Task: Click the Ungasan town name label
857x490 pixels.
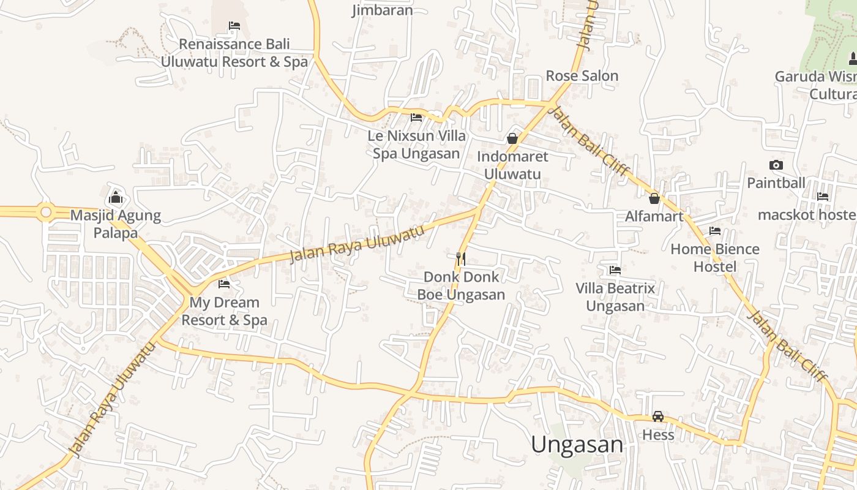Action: [577, 444]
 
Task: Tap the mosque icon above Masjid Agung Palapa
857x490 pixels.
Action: [116, 197]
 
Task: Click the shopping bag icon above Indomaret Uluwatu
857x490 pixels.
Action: [512, 138]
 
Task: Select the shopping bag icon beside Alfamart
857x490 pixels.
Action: [654, 198]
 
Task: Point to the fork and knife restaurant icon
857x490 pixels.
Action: [461, 259]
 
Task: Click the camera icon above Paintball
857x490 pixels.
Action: [776, 165]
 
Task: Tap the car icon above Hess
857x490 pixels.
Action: [658, 417]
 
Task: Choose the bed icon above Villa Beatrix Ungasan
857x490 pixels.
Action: [615, 269]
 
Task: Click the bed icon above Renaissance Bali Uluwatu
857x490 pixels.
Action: [234, 26]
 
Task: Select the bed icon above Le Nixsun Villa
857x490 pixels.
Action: [416, 117]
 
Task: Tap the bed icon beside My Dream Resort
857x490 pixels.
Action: [224, 284]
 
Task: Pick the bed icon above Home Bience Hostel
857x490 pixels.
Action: [714, 231]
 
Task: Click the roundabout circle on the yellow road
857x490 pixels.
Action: [45, 213]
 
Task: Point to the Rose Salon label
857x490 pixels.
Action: [582, 76]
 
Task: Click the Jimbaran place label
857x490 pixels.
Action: [382, 10]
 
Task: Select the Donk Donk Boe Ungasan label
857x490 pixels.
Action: [461, 285]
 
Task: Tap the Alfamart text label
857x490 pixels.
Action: [654, 216]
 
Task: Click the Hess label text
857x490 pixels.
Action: [658, 435]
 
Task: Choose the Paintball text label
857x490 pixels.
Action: [776, 183]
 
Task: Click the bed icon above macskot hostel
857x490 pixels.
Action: [823, 197]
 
